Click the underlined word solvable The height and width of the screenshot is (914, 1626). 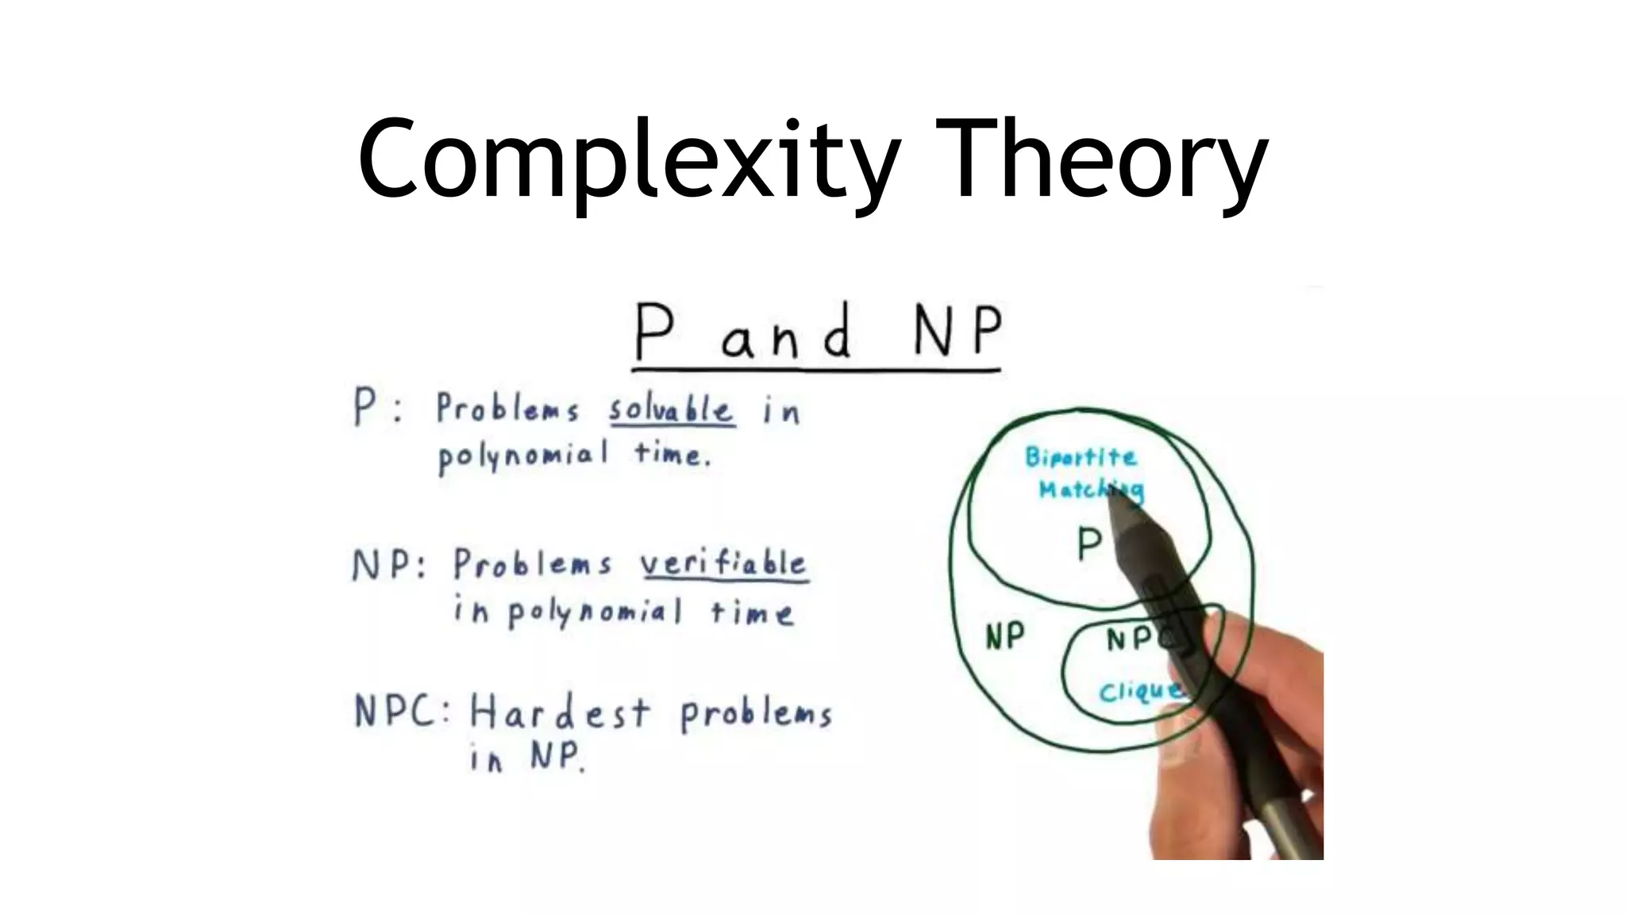click(x=672, y=410)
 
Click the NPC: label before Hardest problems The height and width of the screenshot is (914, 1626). click(x=401, y=711)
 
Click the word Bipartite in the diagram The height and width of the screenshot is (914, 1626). click(x=1081, y=458)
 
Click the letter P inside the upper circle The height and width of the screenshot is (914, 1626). click(x=1088, y=545)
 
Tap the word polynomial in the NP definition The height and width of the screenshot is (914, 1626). click(x=595, y=613)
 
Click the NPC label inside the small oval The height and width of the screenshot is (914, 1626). click(x=1135, y=639)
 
